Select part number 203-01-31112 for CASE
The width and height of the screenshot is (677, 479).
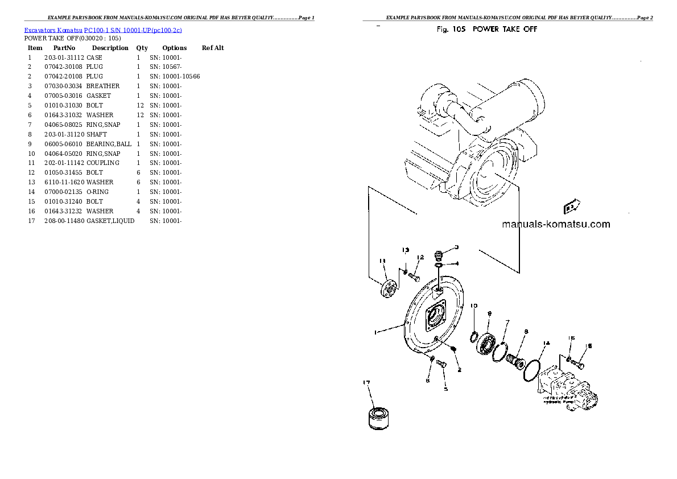64,57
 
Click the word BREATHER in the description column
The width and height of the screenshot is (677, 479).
103,86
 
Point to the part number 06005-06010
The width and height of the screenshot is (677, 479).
64,144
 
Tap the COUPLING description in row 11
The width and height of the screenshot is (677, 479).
103,163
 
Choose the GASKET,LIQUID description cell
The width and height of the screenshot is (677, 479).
110,221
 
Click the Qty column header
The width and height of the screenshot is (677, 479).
142,48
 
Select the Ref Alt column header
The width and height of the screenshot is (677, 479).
213,48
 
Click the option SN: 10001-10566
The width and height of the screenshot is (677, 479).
175,76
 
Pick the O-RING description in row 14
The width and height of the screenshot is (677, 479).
98,192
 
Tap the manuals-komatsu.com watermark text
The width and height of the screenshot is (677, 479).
556,224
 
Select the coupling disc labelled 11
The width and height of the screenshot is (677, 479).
389,288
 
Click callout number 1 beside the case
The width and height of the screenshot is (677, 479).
375,332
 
